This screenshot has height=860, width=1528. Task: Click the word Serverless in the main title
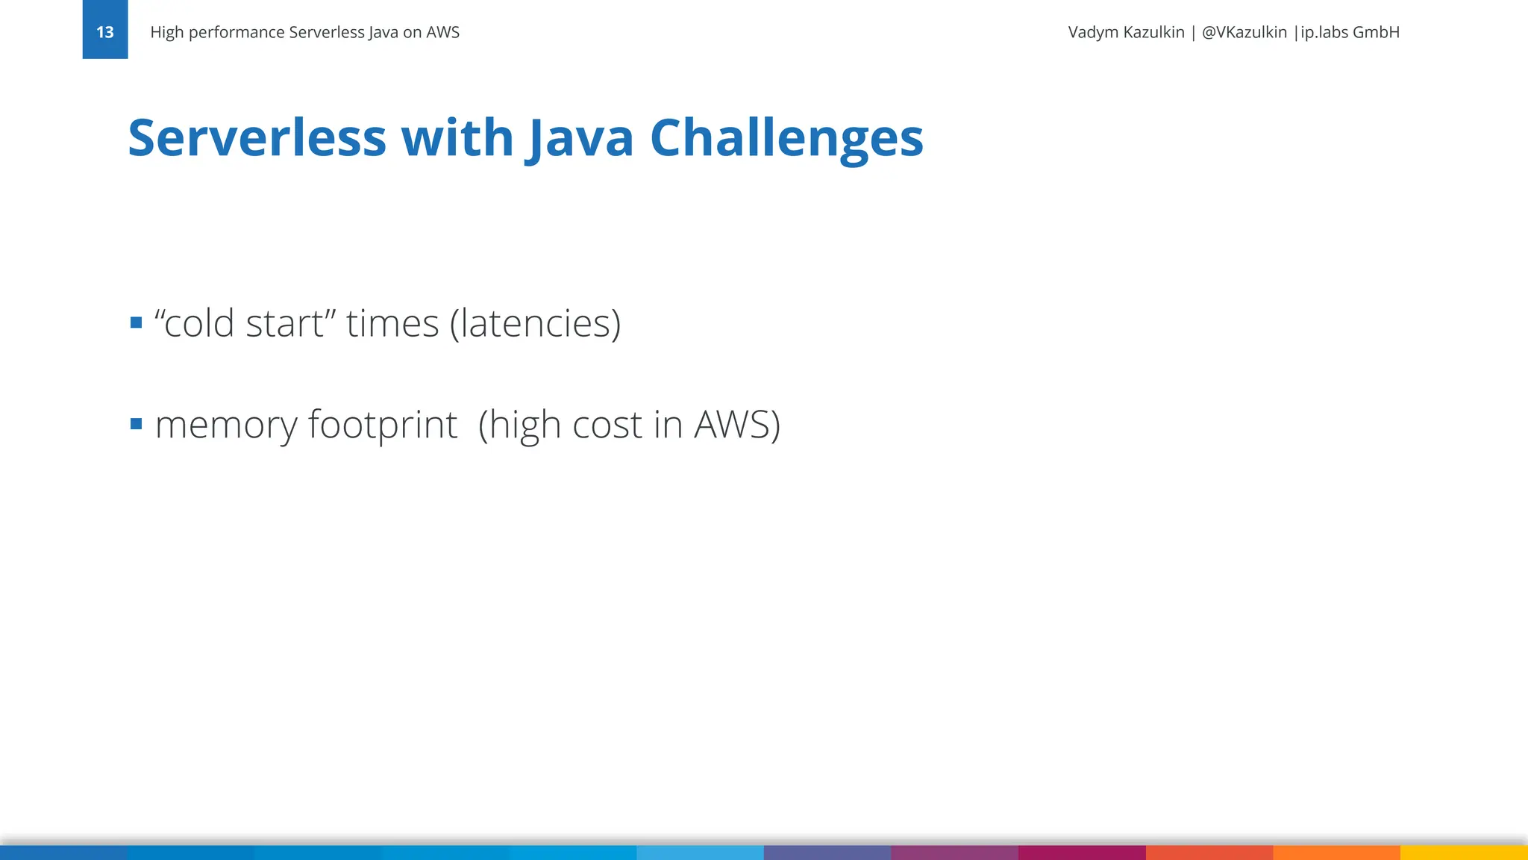(257, 138)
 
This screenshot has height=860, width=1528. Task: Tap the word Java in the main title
(580, 138)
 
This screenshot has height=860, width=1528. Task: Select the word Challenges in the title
(786, 138)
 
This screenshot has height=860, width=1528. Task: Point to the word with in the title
(457, 138)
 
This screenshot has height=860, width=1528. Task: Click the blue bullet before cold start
(136, 323)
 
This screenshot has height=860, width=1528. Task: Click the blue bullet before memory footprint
(136, 424)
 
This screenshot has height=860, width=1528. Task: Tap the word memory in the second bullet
(226, 426)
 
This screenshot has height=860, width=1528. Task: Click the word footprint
(382, 426)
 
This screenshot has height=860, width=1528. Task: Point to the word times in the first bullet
(392, 323)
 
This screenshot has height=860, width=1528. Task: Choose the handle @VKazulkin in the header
(1244, 32)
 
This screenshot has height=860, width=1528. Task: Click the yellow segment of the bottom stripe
(1464, 853)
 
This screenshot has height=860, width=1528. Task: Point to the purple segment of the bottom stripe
(954, 853)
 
